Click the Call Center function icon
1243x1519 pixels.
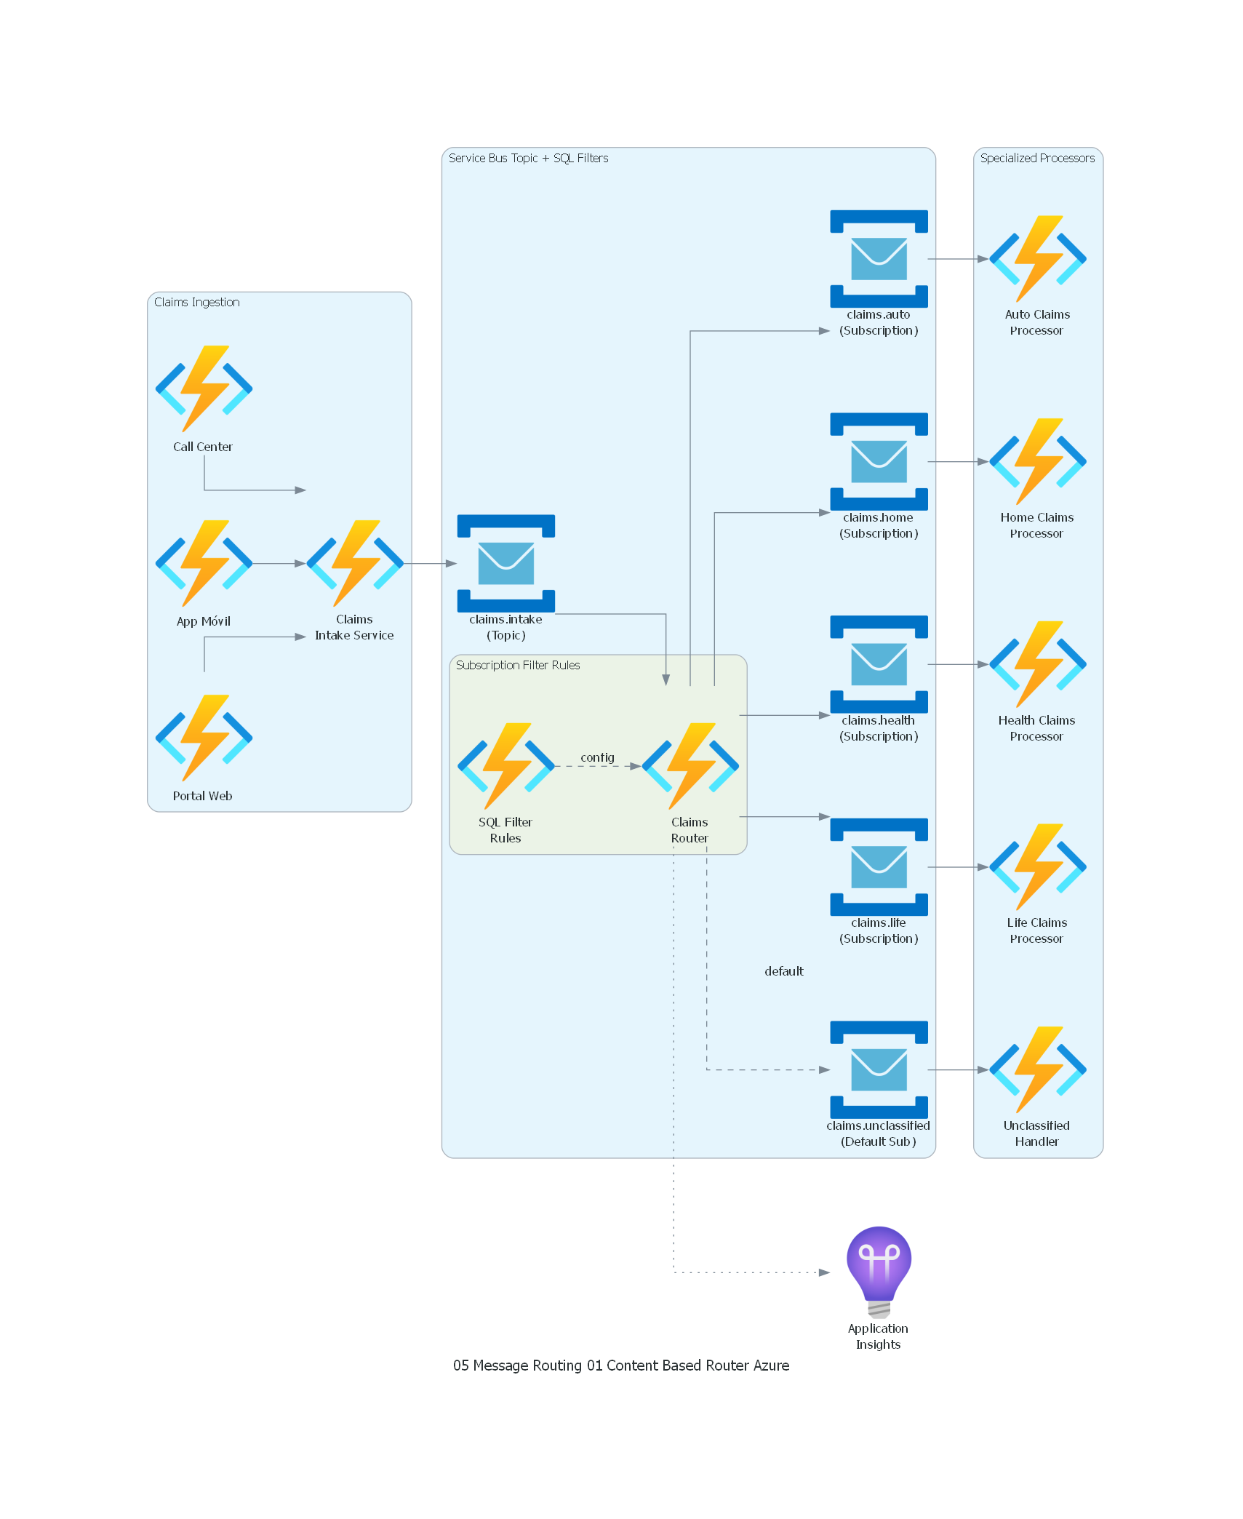point(204,388)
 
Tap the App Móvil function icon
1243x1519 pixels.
point(204,563)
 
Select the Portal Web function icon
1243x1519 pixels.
point(204,738)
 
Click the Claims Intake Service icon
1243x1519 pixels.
point(354,563)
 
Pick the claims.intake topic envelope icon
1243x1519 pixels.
point(505,563)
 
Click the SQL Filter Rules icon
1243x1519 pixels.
point(505,766)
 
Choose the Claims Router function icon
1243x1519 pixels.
point(690,766)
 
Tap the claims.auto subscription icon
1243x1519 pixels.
point(879,258)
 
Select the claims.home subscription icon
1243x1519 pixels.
point(879,461)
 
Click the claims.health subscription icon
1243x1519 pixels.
point(879,664)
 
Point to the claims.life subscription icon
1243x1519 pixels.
point(879,866)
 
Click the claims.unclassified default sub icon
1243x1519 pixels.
point(879,1069)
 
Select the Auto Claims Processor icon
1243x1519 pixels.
point(1037,258)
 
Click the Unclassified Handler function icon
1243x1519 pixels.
point(1037,1069)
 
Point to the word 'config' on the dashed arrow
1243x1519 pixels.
point(597,757)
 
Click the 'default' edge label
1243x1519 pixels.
point(783,971)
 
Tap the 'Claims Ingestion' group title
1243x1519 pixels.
point(196,302)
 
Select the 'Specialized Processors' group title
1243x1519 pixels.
point(1036,158)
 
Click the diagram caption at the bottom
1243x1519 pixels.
point(620,1365)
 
